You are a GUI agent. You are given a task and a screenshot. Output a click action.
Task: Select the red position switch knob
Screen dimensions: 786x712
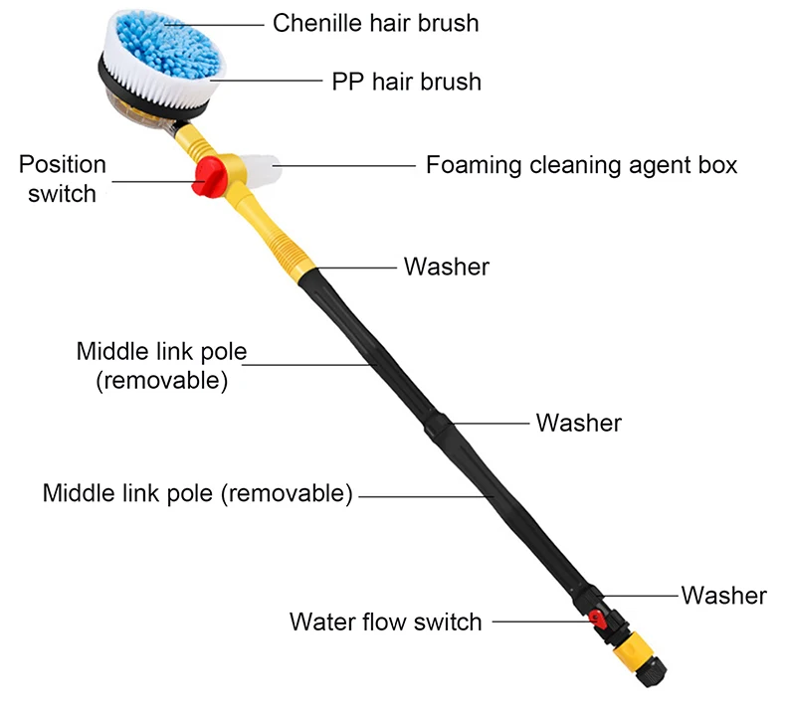(x=209, y=176)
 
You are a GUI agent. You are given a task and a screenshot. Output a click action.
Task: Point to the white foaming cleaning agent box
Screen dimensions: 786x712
(x=261, y=170)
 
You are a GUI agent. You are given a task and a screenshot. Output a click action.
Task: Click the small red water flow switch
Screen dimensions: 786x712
(x=597, y=619)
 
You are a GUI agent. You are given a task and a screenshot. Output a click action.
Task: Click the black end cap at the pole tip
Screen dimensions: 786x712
(x=652, y=671)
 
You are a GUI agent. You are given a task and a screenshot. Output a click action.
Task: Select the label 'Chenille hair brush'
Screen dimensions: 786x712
(x=375, y=23)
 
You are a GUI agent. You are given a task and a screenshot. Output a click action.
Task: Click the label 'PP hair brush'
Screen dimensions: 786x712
(x=406, y=82)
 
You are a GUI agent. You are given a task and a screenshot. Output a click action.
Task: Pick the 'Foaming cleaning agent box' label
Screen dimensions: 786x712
(x=581, y=165)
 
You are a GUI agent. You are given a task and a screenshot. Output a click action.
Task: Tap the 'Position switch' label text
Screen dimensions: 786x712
(x=62, y=179)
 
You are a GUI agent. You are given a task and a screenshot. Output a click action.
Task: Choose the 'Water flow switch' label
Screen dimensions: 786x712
(x=385, y=622)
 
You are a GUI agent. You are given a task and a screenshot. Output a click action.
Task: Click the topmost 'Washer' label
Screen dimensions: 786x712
(x=446, y=267)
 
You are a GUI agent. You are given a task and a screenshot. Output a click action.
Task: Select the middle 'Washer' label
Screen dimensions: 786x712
(x=578, y=423)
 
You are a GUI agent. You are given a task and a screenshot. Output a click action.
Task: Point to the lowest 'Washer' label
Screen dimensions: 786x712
(x=723, y=596)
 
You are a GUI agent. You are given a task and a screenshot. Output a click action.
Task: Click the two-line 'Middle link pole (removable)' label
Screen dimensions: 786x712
(x=161, y=366)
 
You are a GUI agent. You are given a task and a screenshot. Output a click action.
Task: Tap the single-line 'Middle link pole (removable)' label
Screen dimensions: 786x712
(x=198, y=493)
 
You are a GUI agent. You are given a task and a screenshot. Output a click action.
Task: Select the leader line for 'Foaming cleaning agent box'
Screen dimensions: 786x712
(x=344, y=165)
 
